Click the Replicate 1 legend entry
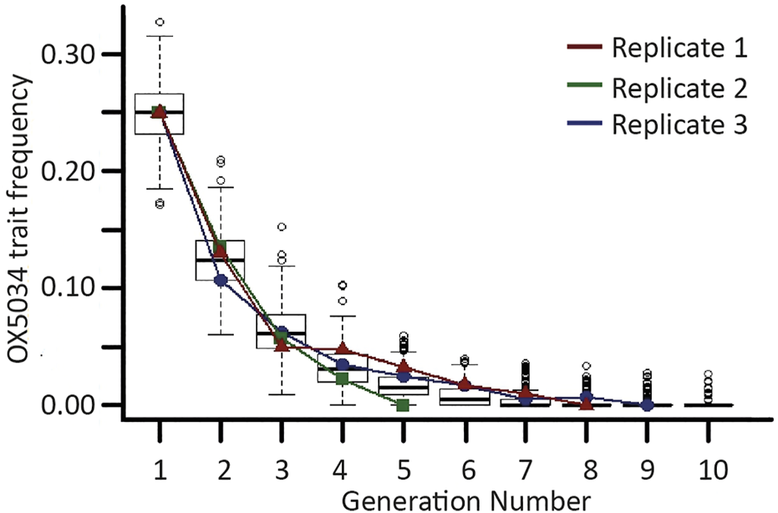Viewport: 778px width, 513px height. [x=678, y=48]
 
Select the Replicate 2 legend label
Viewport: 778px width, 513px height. [x=678, y=86]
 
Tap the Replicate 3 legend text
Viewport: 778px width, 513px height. [x=678, y=124]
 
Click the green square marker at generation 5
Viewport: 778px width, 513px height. [x=404, y=405]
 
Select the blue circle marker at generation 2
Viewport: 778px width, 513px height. [x=221, y=281]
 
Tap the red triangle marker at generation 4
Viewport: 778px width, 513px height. [x=343, y=348]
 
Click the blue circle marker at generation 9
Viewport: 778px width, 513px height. [x=648, y=404]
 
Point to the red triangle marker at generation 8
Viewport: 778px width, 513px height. [x=587, y=404]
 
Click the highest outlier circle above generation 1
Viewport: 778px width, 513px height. [x=160, y=22]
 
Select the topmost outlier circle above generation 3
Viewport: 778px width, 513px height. [x=282, y=227]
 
